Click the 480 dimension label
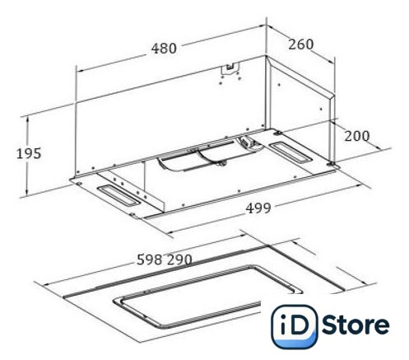(x=164, y=49)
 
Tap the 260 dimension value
(x=300, y=44)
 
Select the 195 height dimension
(x=29, y=153)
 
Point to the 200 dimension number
(x=356, y=136)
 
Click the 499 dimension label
(x=258, y=208)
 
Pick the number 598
(x=149, y=259)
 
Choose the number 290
(x=179, y=259)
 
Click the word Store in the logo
(x=356, y=325)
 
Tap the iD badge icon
(x=294, y=326)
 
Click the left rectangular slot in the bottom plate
(x=119, y=195)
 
